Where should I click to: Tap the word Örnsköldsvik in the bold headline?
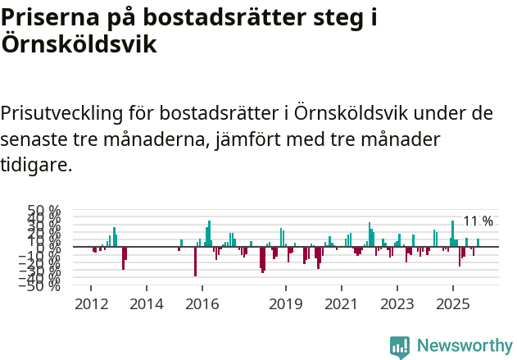pyautogui.click(x=79, y=44)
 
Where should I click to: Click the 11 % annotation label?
pyautogui.click(x=478, y=221)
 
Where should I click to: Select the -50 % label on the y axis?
pyautogui.click(x=43, y=286)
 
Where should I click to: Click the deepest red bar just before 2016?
pyautogui.click(x=195, y=262)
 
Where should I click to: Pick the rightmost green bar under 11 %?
pyautogui.click(x=478, y=243)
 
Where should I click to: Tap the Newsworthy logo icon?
pyautogui.click(x=400, y=347)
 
